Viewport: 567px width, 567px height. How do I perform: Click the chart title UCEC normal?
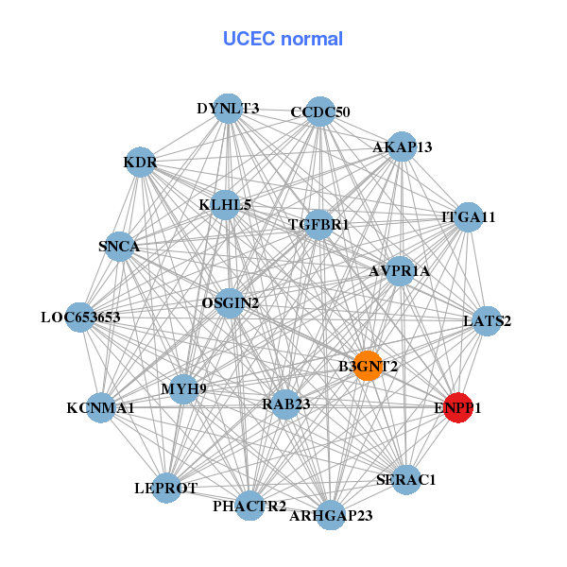coord(283,39)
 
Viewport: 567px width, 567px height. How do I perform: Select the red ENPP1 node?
coord(458,408)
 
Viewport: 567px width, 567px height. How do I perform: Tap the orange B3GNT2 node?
coord(368,365)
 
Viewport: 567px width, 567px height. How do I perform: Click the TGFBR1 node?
coord(319,225)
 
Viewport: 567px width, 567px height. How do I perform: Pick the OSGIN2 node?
coord(230,302)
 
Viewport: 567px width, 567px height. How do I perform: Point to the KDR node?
coord(140,163)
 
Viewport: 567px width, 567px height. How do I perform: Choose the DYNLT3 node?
coord(228,109)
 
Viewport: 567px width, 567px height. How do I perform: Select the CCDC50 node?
coord(320,112)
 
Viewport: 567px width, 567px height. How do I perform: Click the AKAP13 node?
coord(403,146)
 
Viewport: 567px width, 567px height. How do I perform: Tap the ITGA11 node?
coord(469,217)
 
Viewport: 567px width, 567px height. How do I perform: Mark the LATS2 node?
coord(487,321)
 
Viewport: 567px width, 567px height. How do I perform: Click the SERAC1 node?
coord(405,480)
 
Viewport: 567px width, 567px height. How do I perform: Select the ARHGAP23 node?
coord(330,515)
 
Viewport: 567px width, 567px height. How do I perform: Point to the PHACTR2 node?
coord(249,507)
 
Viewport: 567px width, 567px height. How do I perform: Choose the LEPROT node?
coord(166,488)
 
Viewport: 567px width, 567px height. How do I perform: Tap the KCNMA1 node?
coord(100,408)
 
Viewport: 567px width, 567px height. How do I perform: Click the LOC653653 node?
coord(80,317)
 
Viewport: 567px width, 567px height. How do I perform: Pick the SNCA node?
coord(119,247)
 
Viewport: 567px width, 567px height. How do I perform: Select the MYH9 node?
coord(183,387)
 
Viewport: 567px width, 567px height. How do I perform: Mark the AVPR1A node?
coord(400,271)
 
